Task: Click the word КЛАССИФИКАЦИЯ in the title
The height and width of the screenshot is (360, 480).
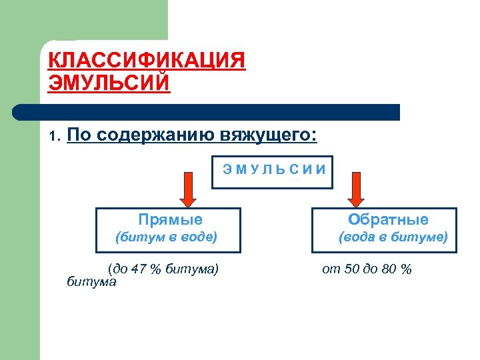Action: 147,61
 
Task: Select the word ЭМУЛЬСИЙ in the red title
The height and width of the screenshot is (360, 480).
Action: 109,83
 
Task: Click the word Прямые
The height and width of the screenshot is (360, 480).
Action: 170,219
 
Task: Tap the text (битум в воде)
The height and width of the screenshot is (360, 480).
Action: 167,237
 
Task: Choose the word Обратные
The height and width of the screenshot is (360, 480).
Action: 389,219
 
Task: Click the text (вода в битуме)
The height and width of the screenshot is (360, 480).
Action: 393,237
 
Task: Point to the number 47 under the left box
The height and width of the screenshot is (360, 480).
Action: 139,269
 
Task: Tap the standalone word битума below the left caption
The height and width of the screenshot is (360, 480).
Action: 92,282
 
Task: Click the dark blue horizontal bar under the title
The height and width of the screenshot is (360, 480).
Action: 207,112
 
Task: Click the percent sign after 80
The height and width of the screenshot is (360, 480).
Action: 406,269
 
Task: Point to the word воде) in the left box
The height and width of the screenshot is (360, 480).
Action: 201,237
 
